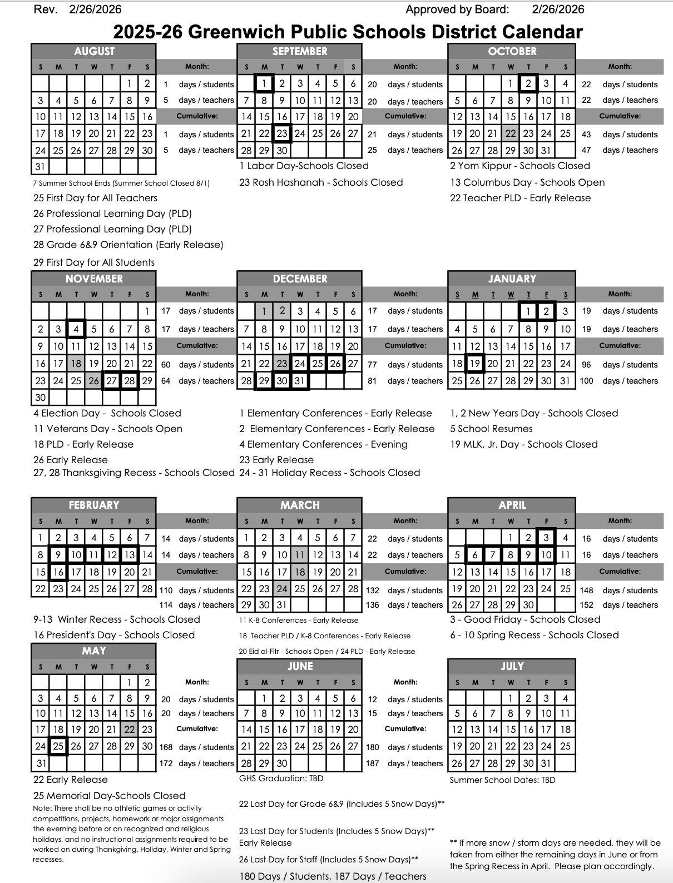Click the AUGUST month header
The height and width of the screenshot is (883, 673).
pos(94,51)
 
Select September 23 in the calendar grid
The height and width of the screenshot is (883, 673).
pos(282,133)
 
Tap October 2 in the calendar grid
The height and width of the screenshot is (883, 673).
pos(528,84)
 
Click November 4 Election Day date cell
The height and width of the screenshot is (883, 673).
pos(76,329)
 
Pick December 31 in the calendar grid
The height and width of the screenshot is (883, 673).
pos(300,381)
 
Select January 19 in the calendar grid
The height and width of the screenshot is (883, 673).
pos(474,364)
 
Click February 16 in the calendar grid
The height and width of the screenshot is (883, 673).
pos(58,572)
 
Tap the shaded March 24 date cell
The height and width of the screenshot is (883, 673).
pos(282,589)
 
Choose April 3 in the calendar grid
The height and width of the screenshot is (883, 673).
pos(546,538)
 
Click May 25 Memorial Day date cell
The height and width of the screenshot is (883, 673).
pos(58,746)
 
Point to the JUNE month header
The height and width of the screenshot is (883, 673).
pos(300,666)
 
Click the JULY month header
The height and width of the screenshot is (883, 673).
pos(512,666)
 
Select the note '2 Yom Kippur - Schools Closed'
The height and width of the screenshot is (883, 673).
pos(519,166)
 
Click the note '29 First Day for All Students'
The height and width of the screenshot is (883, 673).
pos(94,262)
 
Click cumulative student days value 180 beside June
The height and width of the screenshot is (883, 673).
pos(372,747)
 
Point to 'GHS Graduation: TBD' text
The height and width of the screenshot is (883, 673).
pos(281,778)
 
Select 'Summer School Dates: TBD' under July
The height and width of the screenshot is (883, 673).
pos(502,780)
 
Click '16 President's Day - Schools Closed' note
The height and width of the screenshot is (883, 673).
pos(114,635)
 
